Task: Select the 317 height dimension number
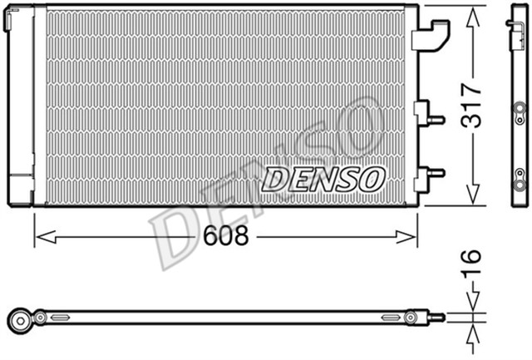[472, 105]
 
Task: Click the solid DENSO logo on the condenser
[324, 178]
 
